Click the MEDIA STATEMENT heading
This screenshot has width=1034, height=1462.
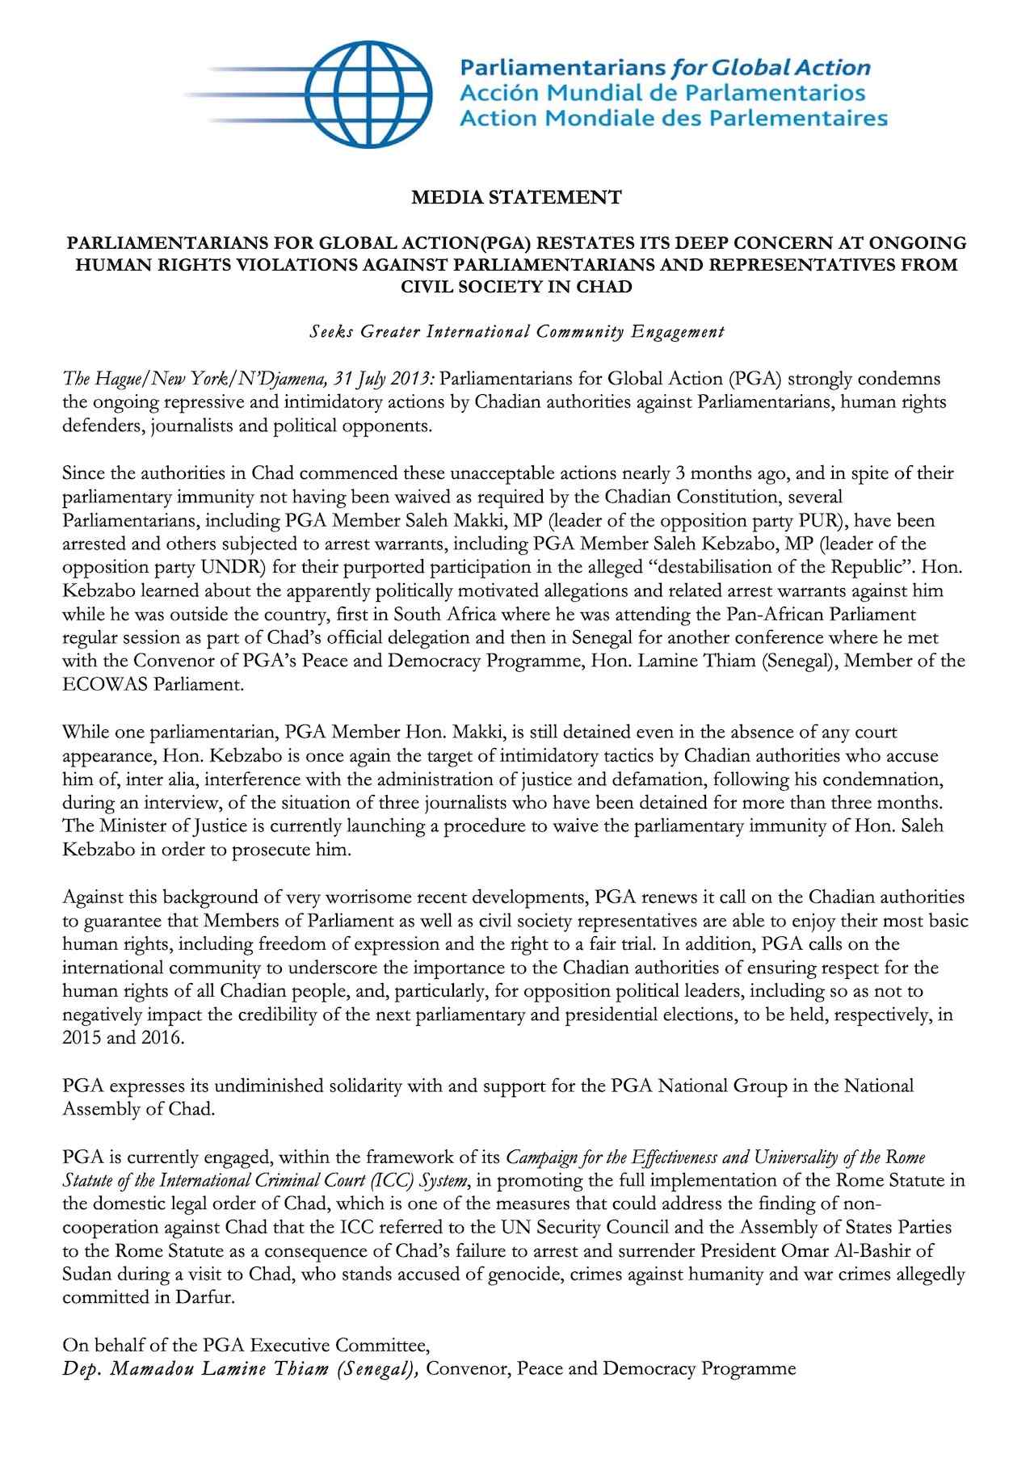pyautogui.click(x=516, y=196)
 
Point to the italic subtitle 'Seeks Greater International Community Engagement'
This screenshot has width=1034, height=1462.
pyautogui.click(x=517, y=331)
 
